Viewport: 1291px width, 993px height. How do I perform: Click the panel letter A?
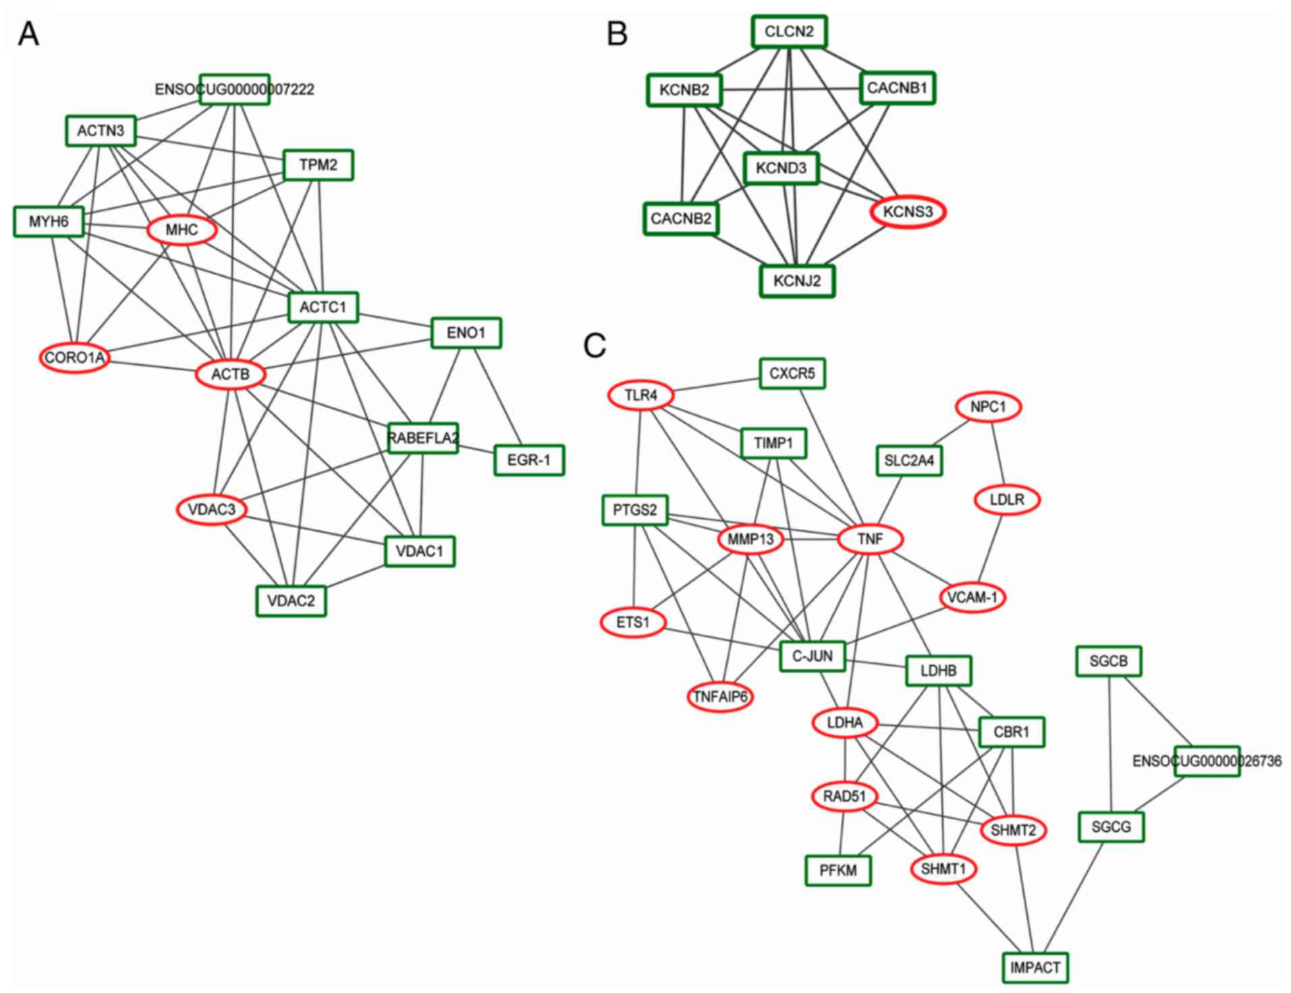tap(28, 34)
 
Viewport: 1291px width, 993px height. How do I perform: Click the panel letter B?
tap(617, 34)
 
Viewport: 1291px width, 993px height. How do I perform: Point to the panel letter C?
tap(594, 345)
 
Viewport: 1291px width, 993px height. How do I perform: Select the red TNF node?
tap(870, 539)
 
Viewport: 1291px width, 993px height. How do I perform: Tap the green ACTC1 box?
tap(323, 308)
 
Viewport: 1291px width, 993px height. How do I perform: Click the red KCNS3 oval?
tap(908, 212)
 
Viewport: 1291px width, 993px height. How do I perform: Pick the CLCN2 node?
tap(789, 32)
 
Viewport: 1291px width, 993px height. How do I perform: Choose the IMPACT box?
tap(1035, 967)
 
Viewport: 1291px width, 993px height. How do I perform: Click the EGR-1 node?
tap(528, 460)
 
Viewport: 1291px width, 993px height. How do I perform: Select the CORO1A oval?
tap(75, 358)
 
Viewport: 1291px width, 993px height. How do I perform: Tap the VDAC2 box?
tap(291, 600)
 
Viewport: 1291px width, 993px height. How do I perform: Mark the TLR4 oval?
tap(640, 395)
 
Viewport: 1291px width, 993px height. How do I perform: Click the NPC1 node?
tap(988, 407)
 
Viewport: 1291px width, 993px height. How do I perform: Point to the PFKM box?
tap(838, 870)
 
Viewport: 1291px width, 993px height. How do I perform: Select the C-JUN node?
tap(812, 656)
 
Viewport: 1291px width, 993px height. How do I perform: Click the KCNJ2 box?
tap(797, 281)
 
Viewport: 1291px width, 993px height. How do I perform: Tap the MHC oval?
tap(182, 230)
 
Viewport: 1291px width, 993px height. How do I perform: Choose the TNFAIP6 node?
tap(720, 696)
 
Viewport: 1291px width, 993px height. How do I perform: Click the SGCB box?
tap(1108, 661)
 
